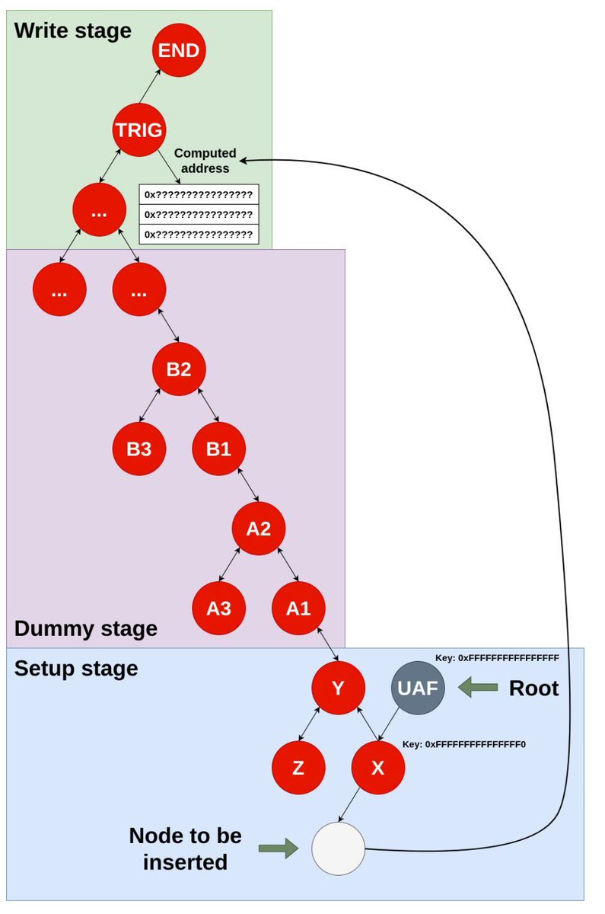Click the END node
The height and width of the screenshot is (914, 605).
179,51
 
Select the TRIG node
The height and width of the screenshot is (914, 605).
139,129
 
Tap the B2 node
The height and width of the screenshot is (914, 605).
179,369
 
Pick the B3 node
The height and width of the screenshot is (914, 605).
139,449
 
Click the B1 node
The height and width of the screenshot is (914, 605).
218,449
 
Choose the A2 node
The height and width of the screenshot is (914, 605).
259,528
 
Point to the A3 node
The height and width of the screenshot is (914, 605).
218,608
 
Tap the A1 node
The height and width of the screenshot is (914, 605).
298,608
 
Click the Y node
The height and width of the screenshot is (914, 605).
338,688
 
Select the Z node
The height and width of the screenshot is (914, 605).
298,768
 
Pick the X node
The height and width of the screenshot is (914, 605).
378,768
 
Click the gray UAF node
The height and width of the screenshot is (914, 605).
418,688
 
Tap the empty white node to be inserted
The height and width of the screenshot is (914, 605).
339,848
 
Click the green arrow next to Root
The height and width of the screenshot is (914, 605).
477,688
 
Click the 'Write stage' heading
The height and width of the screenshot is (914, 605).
73,30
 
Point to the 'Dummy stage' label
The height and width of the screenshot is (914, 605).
86,628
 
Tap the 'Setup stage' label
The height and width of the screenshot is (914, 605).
76,669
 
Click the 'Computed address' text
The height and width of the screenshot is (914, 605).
205,161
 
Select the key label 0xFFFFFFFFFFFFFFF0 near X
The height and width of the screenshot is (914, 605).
464,743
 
